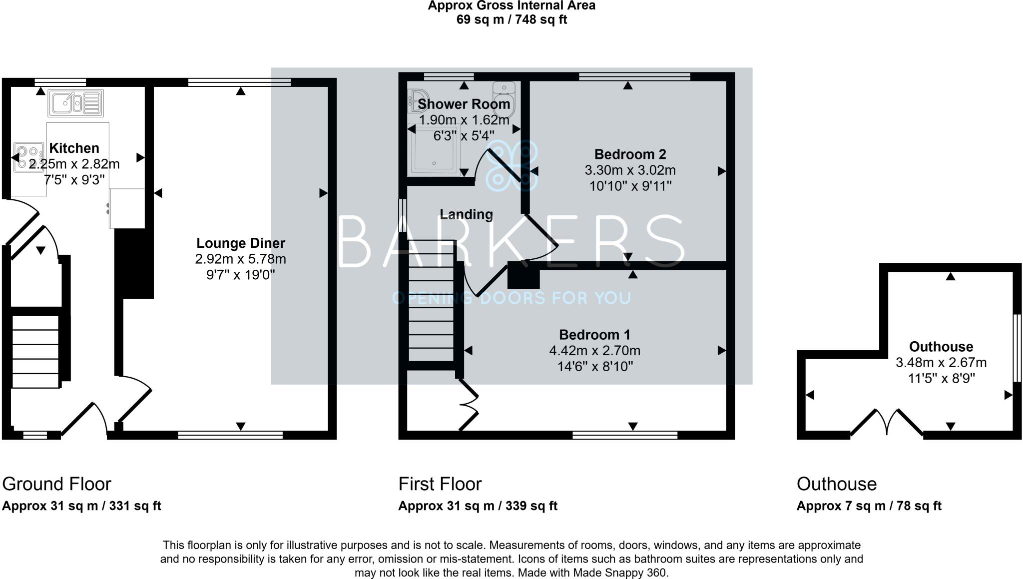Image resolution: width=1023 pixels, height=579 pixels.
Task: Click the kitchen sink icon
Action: tap(76, 103)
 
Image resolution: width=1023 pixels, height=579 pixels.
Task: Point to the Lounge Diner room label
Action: tap(241, 243)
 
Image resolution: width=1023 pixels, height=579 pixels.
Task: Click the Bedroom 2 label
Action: tap(630, 154)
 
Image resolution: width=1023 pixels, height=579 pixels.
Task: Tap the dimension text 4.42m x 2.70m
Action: tap(595, 351)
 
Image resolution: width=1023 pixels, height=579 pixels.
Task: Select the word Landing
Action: tap(466, 214)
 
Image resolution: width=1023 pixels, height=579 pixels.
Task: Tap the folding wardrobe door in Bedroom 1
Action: tap(470, 405)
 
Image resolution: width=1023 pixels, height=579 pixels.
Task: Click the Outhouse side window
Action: tap(1016, 348)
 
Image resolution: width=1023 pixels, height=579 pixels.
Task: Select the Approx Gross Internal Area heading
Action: tap(511, 6)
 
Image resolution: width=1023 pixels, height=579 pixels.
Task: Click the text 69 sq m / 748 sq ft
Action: tap(511, 20)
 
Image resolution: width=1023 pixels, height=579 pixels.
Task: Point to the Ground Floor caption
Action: tap(56, 484)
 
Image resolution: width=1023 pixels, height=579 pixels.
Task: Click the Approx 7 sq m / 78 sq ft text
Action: tap(869, 506)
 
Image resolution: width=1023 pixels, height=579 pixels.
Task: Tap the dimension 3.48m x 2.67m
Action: tap(941, 363)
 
